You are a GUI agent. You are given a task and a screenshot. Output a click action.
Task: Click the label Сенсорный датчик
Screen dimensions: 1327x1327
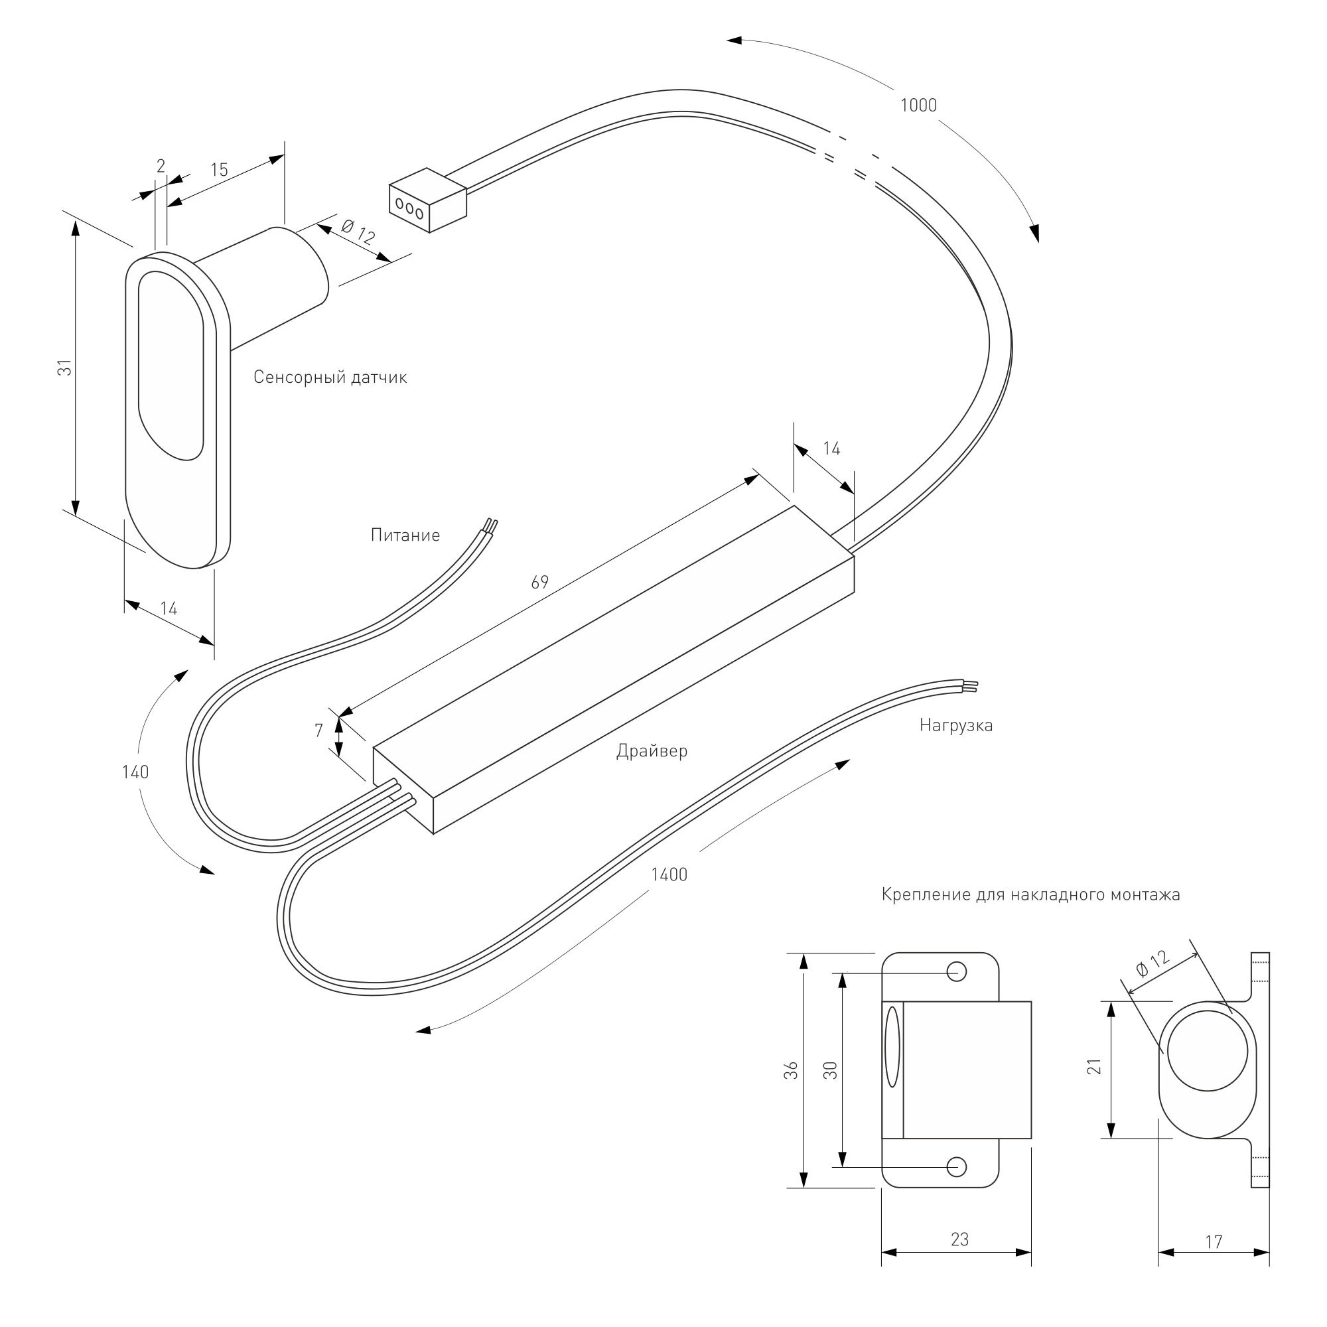tap(330, 377)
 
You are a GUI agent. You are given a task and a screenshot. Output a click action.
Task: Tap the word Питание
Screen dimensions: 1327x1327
tap(405, 535)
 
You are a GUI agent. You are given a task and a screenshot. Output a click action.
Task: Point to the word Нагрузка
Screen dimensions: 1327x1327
tap(956, 725)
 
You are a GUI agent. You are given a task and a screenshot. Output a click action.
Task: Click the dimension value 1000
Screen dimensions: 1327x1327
tap(918, 105)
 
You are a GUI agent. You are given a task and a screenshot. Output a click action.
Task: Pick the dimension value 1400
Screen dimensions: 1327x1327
tap(669, 874)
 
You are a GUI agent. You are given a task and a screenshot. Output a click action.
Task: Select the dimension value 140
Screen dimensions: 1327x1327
tap(135, 772)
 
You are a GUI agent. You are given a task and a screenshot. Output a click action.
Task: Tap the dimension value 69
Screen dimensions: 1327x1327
tap(540, 582)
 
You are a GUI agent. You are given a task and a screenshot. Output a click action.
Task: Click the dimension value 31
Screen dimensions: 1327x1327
tap(64, 368)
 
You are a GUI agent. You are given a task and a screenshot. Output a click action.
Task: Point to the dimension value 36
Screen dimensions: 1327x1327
tap(792, 1070)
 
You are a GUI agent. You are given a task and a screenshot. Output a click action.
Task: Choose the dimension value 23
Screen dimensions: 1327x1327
tap(959, 1239)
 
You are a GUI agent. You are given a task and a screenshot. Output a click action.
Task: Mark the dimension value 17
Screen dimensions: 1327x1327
tap(1214, 1242)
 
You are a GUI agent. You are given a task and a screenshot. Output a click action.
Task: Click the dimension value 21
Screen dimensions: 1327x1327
tap(1095, 1067)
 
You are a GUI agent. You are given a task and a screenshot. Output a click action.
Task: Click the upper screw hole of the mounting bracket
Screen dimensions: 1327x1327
tap(957, 971)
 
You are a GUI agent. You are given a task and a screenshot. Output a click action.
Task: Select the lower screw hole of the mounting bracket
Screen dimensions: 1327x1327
tap(957, 1166)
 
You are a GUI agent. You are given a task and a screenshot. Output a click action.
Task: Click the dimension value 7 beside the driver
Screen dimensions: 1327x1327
tap(318, 730)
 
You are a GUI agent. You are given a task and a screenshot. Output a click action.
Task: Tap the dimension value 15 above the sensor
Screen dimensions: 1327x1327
tap(219, 170)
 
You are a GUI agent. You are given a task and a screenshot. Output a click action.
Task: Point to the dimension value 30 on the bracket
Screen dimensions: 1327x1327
tap(831, 1070)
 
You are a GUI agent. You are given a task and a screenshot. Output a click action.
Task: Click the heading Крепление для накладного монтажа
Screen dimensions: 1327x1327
tap(1031, 895)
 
